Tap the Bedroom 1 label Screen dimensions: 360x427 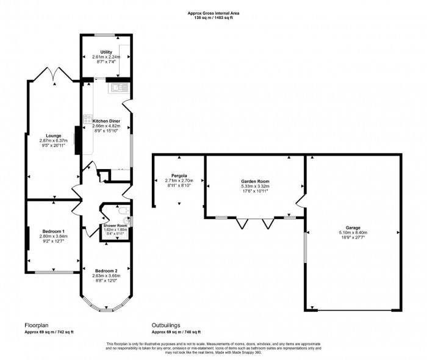click(x=53, y=231)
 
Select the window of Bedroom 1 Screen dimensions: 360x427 click(x=54, y=272)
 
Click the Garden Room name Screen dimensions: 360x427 click(x=254, y=182)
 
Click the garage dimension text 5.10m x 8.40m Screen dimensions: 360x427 click(x=354, y=232)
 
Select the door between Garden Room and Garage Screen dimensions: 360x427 click(x=300, y=201)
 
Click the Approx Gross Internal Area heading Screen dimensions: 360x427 click(x=213, y=12)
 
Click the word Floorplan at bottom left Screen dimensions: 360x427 click(x=36, y=326)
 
